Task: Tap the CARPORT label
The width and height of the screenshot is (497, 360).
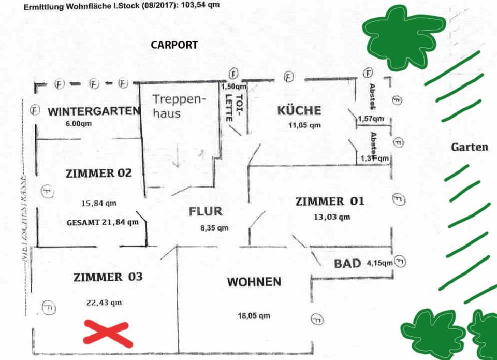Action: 174,45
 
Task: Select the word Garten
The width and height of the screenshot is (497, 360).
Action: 470,147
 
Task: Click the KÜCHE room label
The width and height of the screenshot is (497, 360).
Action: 299,110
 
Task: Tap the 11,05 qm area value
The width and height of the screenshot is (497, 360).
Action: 304,125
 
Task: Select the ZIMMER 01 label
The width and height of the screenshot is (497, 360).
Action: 330,201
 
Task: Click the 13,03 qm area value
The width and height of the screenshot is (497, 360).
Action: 332,217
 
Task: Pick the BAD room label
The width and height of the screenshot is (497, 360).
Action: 347,263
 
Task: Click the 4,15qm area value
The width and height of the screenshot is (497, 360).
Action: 380,263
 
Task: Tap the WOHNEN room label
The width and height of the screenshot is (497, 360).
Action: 254,282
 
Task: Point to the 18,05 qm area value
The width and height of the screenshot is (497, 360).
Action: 254,315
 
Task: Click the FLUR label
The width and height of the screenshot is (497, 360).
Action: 206,211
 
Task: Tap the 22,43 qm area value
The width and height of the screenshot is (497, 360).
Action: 105,303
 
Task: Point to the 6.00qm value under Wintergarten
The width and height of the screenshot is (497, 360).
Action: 79,124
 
